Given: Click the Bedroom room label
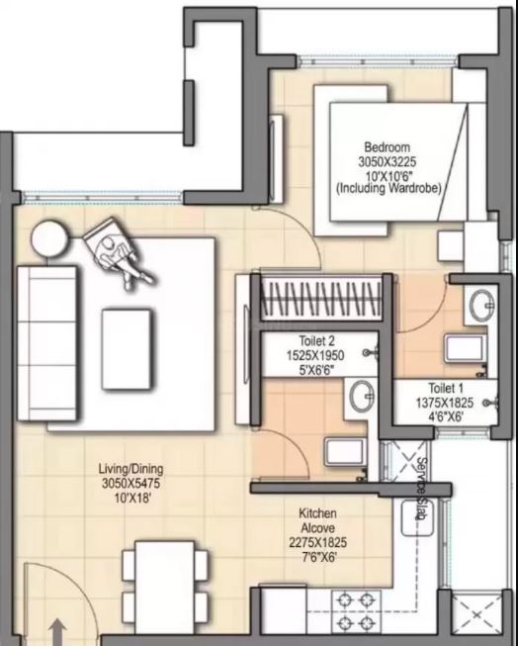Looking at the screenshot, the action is coord(388,147).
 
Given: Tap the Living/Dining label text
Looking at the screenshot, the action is coord(130,469).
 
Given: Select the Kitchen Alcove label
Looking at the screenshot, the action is coord(317,520).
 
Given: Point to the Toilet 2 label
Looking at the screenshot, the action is coord(316,341).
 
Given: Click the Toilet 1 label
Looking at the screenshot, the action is coord(446,388).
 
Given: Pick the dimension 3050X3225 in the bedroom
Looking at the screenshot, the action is coord(388,161).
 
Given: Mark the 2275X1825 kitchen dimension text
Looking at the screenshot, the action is coord(317,542).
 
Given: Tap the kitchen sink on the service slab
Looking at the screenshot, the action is coord(417,517).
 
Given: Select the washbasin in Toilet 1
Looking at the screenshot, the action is coord(481,306).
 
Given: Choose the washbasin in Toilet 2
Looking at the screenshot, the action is coord(363,395).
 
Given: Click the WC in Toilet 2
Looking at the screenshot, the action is coord(345,452).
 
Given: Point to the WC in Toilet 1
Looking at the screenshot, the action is coord(466,349).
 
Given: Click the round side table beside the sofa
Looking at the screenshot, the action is coord(49,238).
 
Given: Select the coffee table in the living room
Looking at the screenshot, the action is coord(127,349).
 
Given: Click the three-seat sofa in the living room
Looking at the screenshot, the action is coord(46,343).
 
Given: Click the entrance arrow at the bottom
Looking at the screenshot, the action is coord(58,632).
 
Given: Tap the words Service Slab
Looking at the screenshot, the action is coord(421,489).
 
